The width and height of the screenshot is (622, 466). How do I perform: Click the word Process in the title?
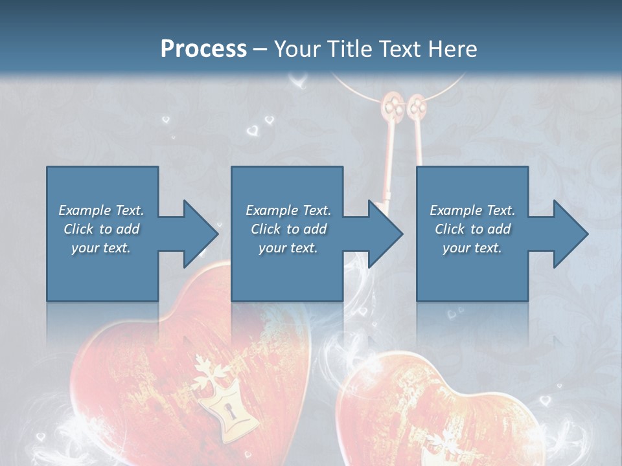[203, 49]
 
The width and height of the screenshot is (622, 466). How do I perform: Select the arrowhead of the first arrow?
[200, 234]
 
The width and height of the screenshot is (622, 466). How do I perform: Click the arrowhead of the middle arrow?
[386, 234]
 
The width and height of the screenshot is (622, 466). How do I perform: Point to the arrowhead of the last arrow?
[571, 234]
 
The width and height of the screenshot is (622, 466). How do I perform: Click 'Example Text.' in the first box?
[101, 210]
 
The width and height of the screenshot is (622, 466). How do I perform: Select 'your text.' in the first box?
[101, 248]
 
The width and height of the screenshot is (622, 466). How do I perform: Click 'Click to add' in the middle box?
[288, 229]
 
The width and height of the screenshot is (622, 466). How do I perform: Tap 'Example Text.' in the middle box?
[288, 210]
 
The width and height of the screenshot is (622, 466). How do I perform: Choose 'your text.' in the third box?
[472, 248]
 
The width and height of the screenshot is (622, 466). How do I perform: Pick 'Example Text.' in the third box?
[472, 210]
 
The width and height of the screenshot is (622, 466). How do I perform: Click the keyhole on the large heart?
[227, 409]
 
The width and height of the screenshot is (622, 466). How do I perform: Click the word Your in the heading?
[295, 49]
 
